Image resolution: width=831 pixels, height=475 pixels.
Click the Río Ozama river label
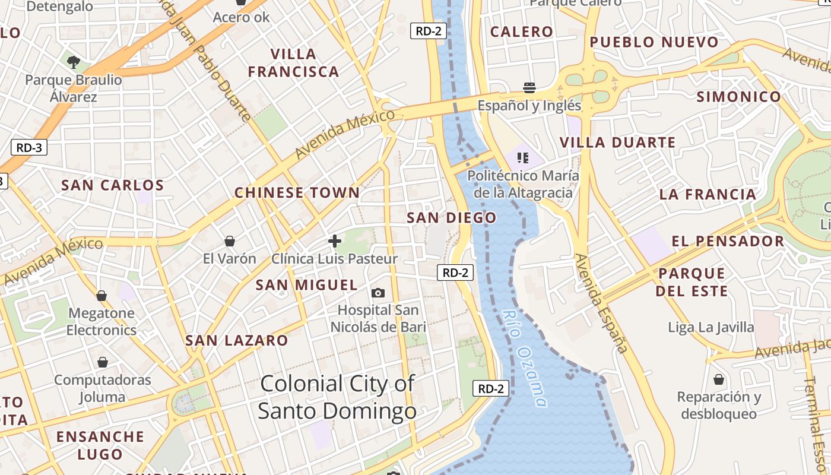point(524,359)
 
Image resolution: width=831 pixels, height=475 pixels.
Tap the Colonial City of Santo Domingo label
point(337,397)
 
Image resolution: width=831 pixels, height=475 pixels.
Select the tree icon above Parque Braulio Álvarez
point(74,61)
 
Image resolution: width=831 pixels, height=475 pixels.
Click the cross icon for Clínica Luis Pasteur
point(335,241)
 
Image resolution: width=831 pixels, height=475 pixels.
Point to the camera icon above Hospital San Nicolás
point(378,293)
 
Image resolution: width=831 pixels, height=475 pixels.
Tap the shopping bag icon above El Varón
point(230,241)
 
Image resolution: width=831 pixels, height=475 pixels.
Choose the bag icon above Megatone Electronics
point(102,296)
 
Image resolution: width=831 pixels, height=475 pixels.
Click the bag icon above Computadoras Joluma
point(103,362)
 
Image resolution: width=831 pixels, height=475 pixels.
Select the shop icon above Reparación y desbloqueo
point(719,379)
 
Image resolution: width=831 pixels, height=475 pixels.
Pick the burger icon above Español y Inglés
point(529,88)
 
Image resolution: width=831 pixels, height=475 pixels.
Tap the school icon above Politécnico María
point(523,158)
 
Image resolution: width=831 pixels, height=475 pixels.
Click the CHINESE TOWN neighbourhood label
point(297,193)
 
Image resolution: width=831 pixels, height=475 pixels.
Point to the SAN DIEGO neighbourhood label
point(451,218)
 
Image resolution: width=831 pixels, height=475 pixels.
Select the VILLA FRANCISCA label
point(293,63)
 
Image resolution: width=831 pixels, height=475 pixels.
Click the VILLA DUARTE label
point(618,142)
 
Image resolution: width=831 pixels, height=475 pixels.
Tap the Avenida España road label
point(601,303)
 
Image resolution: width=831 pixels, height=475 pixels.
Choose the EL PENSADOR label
point(728,241)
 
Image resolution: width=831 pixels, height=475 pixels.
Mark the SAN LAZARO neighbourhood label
point(236,341)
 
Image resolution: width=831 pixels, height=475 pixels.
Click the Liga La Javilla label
point(711,327)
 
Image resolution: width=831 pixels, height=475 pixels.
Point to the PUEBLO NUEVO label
point(654,42)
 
